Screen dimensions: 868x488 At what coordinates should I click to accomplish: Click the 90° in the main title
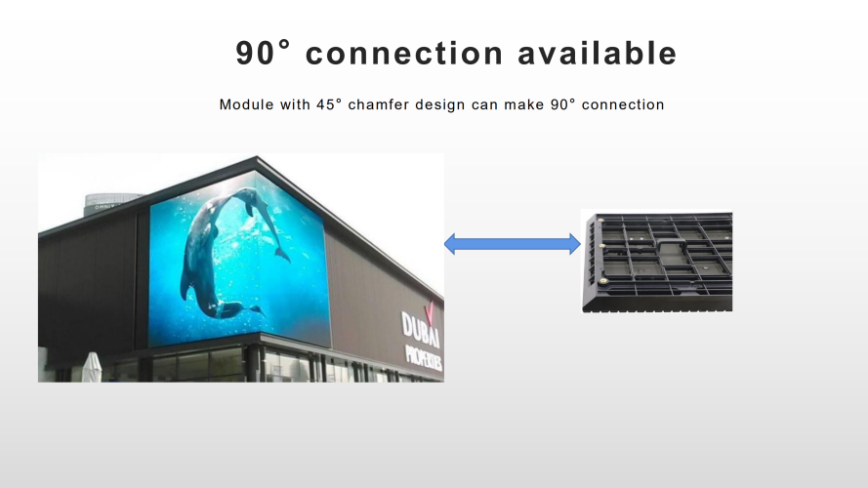click(x=263, y=53)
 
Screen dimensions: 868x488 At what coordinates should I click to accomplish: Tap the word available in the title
click(x=598, y=53)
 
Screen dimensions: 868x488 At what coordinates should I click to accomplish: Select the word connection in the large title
click(x=404, y=53)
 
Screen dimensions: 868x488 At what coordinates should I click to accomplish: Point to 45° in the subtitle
click(x=329, y=104)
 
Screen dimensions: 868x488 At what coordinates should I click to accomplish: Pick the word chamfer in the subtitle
click(x=379, y=104)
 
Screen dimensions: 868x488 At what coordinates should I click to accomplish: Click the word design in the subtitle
click(x=440, y=105)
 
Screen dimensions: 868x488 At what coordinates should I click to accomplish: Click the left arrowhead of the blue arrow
click(x=450, y=244)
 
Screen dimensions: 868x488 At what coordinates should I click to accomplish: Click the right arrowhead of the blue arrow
click(x=575, y=244)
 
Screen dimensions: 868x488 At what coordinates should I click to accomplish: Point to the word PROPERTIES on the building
click(x=424, y=357)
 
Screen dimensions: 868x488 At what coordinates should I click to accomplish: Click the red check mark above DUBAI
click(x=430, y=312)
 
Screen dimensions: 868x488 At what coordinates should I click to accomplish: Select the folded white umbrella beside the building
click(x=92, y=367)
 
